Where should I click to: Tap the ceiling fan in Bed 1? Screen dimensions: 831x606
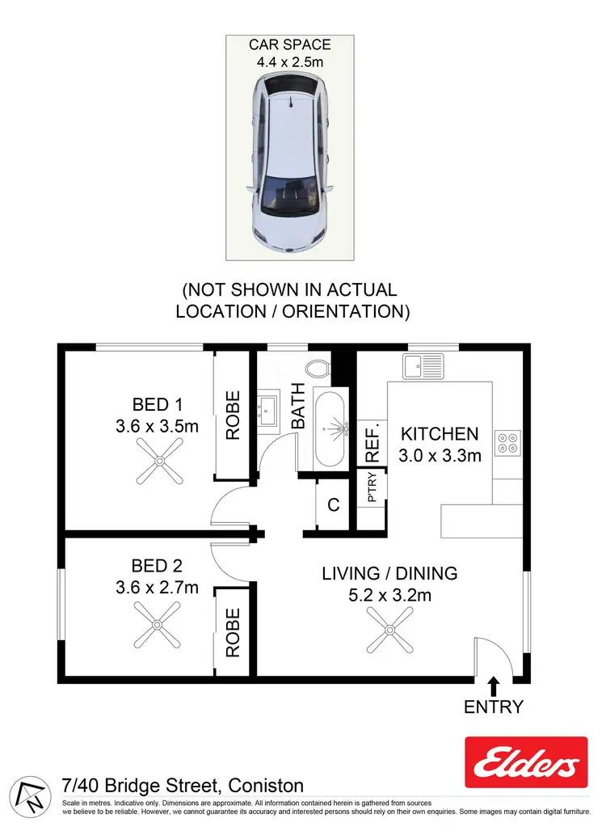coord(159,462)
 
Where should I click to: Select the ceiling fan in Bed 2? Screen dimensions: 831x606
coord(158,629)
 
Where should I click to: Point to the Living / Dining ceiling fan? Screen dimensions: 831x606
coord(389,630)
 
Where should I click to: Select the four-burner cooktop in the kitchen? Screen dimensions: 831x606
coord(509,441)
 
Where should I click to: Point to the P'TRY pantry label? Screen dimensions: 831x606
coord(372,492)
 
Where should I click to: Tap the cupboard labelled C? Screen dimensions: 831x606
coord(333,505)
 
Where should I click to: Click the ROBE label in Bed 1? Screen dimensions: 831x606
coord(233,415)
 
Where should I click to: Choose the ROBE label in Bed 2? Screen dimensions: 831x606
coord(233,632)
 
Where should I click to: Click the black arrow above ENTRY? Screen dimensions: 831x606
coord(494,686)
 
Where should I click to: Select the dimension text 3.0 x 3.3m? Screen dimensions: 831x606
coord(440,455)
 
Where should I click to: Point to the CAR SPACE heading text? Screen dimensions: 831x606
coord(289,44)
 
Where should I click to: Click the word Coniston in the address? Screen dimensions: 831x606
coord(266,785)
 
